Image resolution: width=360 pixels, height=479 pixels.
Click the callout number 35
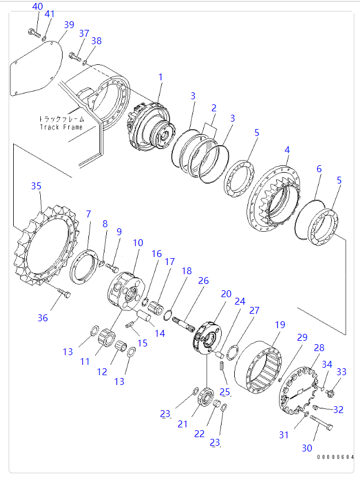(x=36, y=186)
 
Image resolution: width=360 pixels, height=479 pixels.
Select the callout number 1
(x=161, y=77)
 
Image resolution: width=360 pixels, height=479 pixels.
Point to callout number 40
(x=37, y=6)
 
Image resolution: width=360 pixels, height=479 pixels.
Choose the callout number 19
(x=280, y=325)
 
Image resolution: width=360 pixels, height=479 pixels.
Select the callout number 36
(x=42, y=318)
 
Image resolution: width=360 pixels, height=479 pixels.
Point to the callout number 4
(x=287, y=150)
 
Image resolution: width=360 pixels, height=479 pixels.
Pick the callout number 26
(x=204, y=281)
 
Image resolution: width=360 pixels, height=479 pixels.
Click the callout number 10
(x=138, y=243)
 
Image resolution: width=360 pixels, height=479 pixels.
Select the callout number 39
(x=69, y=25)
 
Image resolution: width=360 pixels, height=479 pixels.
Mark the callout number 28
(x=319, y=348)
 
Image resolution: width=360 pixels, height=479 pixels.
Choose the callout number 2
(x=214, y=107)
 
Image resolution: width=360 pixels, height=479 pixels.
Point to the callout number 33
(x=341, y=372)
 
